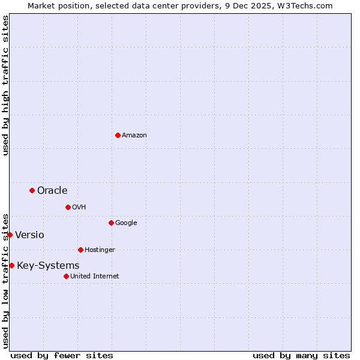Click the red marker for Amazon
click(x=118, y=135)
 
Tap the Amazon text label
click(x=134, y=136)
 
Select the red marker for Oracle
click(x=32, y=190)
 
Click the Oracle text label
click(x=52, y=191)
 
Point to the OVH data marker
click(x=68, y=207)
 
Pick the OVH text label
click(x=79, y=208)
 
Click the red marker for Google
click(x=111, y=223)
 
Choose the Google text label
click(x=126, y=223)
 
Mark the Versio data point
click(x=10, y=235)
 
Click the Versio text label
click(x=29, y=235)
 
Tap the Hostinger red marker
click(x=80, y=250)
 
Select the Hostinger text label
click(x=100, y=250)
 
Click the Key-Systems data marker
click(x=11, y=265)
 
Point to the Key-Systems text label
click(x=48, y=266)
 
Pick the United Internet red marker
click(x=66, y=276)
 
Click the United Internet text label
click(x=95, y=277)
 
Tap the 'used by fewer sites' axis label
click(x=62, y=355)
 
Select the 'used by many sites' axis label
click(x=301, y=355)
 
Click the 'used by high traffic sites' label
click(x=5, y=85)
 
